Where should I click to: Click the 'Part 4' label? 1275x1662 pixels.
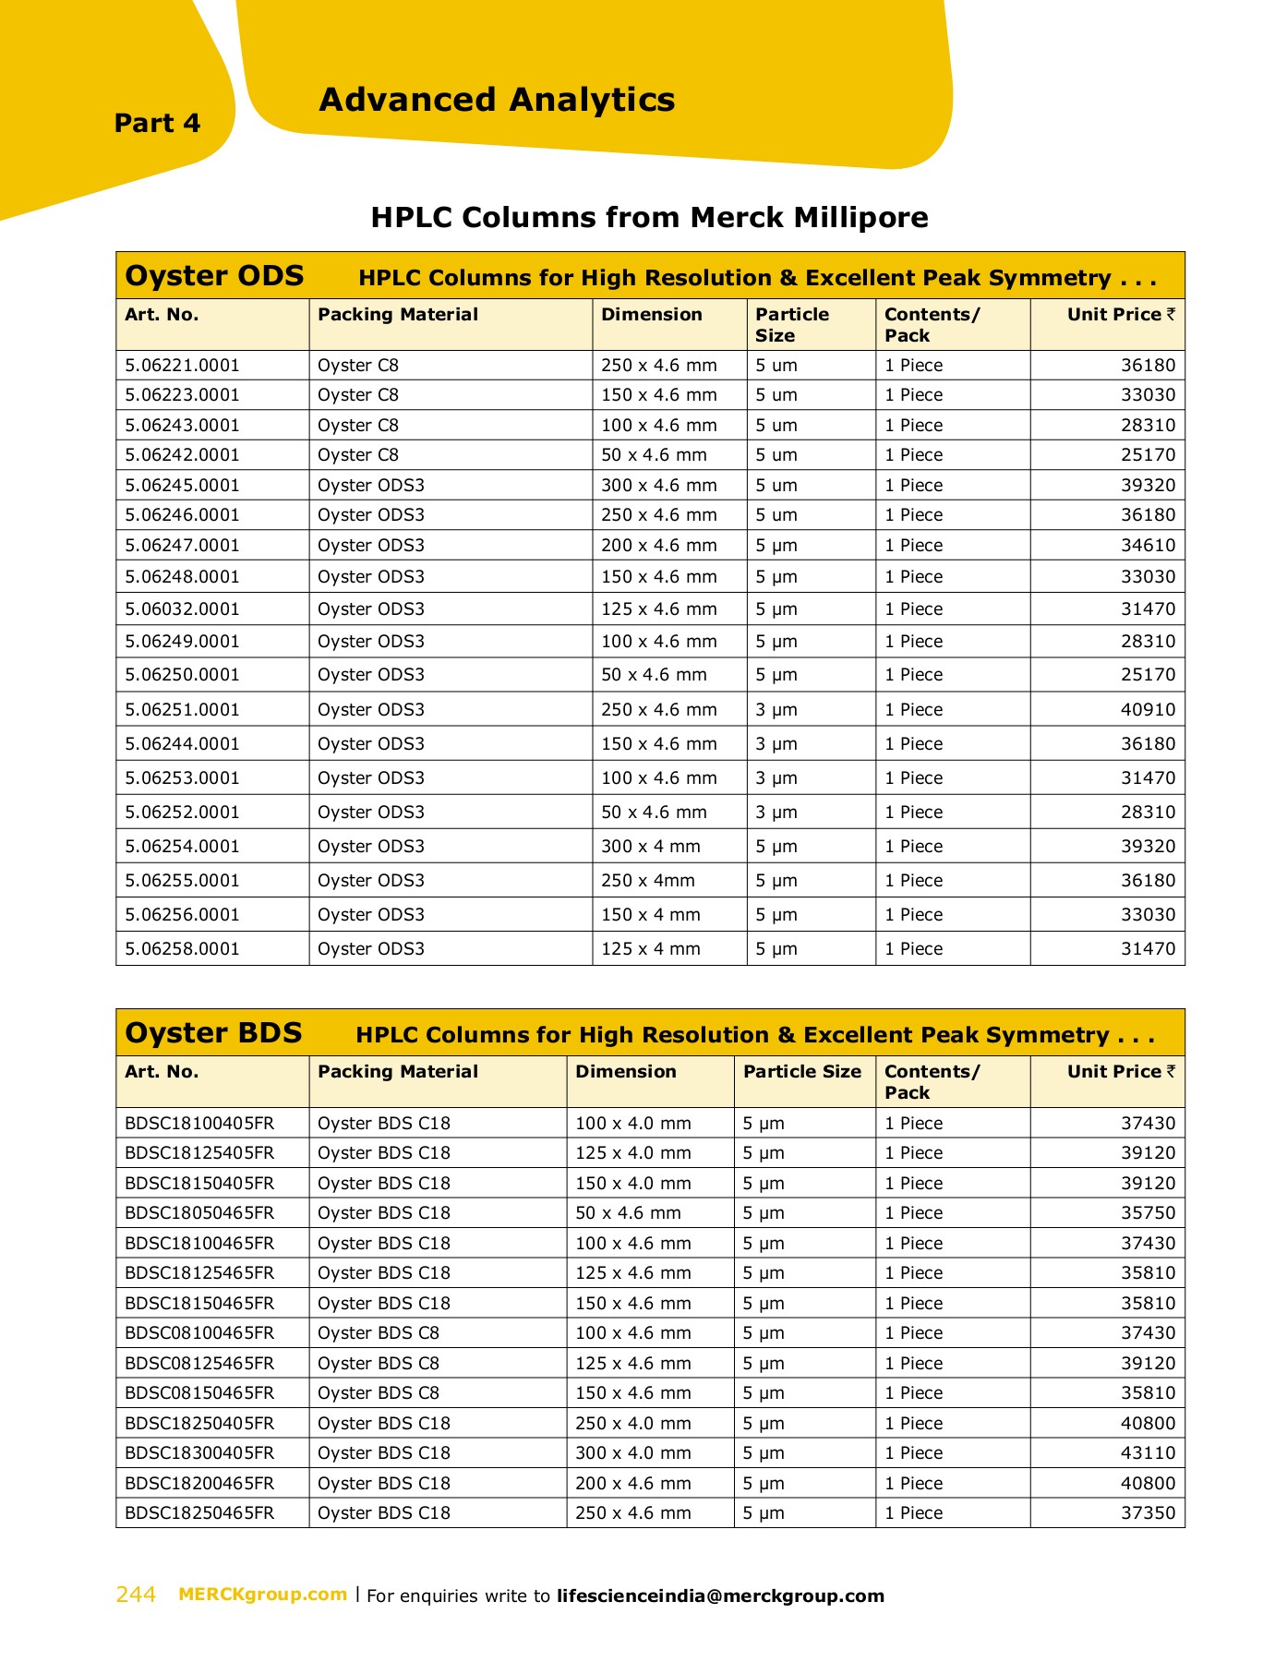coord(157,123)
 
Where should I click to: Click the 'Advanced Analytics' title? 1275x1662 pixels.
coord(497,100)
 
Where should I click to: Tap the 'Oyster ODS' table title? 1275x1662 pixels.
coord(214,276)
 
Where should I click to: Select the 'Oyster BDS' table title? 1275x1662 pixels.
coord(213,1033)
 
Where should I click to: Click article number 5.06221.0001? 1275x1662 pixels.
coord(182,366)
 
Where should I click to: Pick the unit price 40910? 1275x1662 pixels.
coord(1148,710)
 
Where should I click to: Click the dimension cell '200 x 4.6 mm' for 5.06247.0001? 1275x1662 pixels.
coord(658,546)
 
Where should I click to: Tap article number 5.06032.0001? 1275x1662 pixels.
coord(182,609)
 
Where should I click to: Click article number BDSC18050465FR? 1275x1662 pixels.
coord(199,1213)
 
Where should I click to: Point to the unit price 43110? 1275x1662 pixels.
coord(1148,1453)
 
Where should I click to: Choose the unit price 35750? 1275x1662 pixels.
coord(1148,1213)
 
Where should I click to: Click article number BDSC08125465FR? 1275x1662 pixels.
coord(199,1364)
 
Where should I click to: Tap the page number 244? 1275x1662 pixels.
coord(136,1595)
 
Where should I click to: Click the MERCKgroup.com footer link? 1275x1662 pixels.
coord(262,1595)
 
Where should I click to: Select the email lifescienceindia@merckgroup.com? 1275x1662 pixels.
coord(720,1596)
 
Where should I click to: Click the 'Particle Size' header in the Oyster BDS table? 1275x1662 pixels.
coord(801,1072)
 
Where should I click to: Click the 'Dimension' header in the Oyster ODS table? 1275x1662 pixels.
coord(651,315)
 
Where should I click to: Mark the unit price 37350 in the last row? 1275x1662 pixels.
coord(1148,1513)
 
